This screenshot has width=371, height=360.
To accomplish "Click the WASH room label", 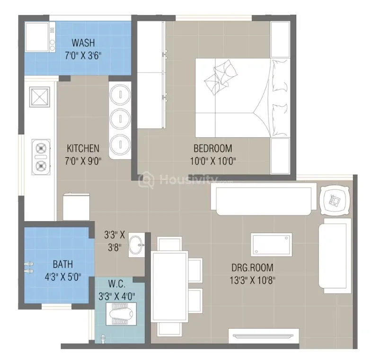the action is pyautogui.click(x=83, y=43).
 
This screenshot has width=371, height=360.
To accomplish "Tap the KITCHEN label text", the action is pyautogui.click(x=83, y=149).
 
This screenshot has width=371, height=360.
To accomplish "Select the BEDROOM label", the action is pyautogui.click(x=213, y=149).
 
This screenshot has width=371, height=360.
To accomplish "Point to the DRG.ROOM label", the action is pyautogui.click(x=252, y=268).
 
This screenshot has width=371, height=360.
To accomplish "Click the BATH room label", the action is pyautogui.click(x=62, y=264).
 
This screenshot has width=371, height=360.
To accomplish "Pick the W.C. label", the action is pyautogui.click(x=116, y=284).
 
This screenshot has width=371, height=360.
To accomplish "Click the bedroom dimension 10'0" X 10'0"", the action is pyautogui.click(x=213, y=162).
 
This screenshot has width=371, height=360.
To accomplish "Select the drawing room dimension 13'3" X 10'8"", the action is pyautogui.click(x=253, y=280).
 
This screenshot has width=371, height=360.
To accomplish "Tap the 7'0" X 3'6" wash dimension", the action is pyautogui.click(x=83, y=56).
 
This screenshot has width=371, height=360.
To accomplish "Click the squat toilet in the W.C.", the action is pyautogui.click(x=121, y=314).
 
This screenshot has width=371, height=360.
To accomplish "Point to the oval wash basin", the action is pyautogui.click(x=136, y=244).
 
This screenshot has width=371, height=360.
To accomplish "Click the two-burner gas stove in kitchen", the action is pyautogui.click(x=41, y=157).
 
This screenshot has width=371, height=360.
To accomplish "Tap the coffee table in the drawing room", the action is pyautogui.click(x=272, y=244).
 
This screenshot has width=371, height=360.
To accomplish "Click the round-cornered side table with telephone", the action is pyautogui.click(x=334, y=200).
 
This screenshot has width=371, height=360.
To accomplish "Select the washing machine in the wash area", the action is pyautogui.click(x=40, y=37).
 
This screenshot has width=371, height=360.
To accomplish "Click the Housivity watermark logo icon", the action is pyautogui.click(x=146, y=180).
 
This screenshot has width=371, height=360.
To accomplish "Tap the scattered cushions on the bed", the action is pyautogui.click(x=221, y=77).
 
